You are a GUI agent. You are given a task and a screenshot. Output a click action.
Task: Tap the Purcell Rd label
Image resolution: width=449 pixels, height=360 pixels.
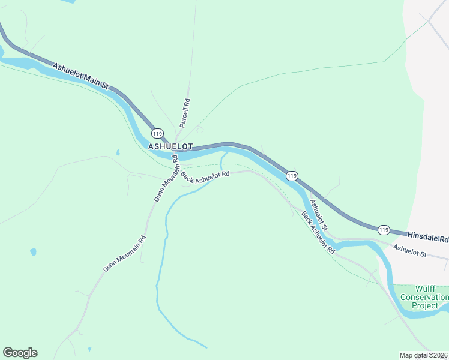[x=185, y=114]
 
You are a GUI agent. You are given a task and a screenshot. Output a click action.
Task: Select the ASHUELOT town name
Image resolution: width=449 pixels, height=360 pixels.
[x=170, y=146]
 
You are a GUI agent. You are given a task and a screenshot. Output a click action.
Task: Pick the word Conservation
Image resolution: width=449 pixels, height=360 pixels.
[x=424, y=297]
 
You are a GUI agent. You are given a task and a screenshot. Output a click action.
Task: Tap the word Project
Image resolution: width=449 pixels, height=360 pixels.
[x=425, y=305]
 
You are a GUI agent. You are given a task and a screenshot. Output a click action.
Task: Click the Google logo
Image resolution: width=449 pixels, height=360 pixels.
[x=20, y=353]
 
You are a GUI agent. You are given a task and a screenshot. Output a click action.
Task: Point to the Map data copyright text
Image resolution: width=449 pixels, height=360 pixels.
[x=423, y=355]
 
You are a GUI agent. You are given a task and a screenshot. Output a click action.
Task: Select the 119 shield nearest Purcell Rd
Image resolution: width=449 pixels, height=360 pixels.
[x=157, y=133]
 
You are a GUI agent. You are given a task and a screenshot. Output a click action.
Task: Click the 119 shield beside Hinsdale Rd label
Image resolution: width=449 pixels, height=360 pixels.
[x=384, y=230]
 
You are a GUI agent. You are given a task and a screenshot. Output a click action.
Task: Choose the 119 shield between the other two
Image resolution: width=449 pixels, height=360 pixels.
[x=291, y=176]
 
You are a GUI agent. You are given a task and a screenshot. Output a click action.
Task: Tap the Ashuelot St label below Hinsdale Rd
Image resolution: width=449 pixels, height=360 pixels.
[x=409, y=251]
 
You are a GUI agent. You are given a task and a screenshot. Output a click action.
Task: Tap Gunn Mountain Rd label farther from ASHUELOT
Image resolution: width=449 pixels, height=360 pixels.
[x=124, y=253]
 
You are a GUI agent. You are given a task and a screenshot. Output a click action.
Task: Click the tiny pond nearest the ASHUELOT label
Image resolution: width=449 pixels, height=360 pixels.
[x=118, y=152]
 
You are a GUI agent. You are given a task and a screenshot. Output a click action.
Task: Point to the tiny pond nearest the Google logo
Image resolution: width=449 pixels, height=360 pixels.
[x=89, y=349]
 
